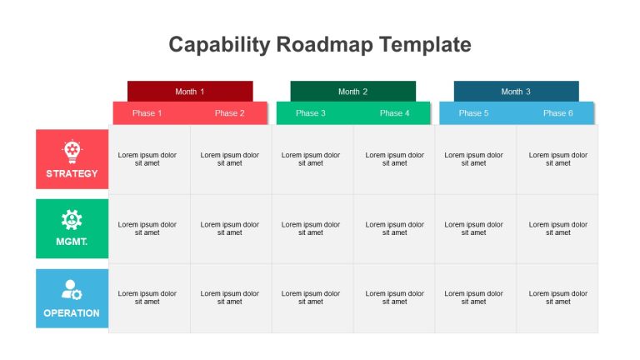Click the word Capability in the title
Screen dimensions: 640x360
point(219,45)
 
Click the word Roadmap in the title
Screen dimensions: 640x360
point(324,44)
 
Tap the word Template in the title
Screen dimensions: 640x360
point(425,44)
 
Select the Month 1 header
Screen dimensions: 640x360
point(190,92)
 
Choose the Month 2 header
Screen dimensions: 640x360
point(353,92)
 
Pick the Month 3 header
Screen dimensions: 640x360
point(517,92)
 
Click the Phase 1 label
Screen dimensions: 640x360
point(147,113)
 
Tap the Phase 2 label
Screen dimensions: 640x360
point(230,113)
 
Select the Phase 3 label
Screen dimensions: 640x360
point(311,113)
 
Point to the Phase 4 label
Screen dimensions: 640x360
point(395,113)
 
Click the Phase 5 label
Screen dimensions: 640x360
point(473,113)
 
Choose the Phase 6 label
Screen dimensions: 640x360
point(558,113)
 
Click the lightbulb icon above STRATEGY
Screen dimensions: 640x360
point(72,152)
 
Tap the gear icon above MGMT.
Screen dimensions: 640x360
point(72,220)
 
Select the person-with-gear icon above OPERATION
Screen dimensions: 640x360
point(72,290)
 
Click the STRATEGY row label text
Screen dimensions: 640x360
point(72,173)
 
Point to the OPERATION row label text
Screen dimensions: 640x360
point(72,313)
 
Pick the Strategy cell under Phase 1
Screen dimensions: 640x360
point(149,160)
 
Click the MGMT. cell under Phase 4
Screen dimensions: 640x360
point(394,229)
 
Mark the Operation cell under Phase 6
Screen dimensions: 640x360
point(557,298)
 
